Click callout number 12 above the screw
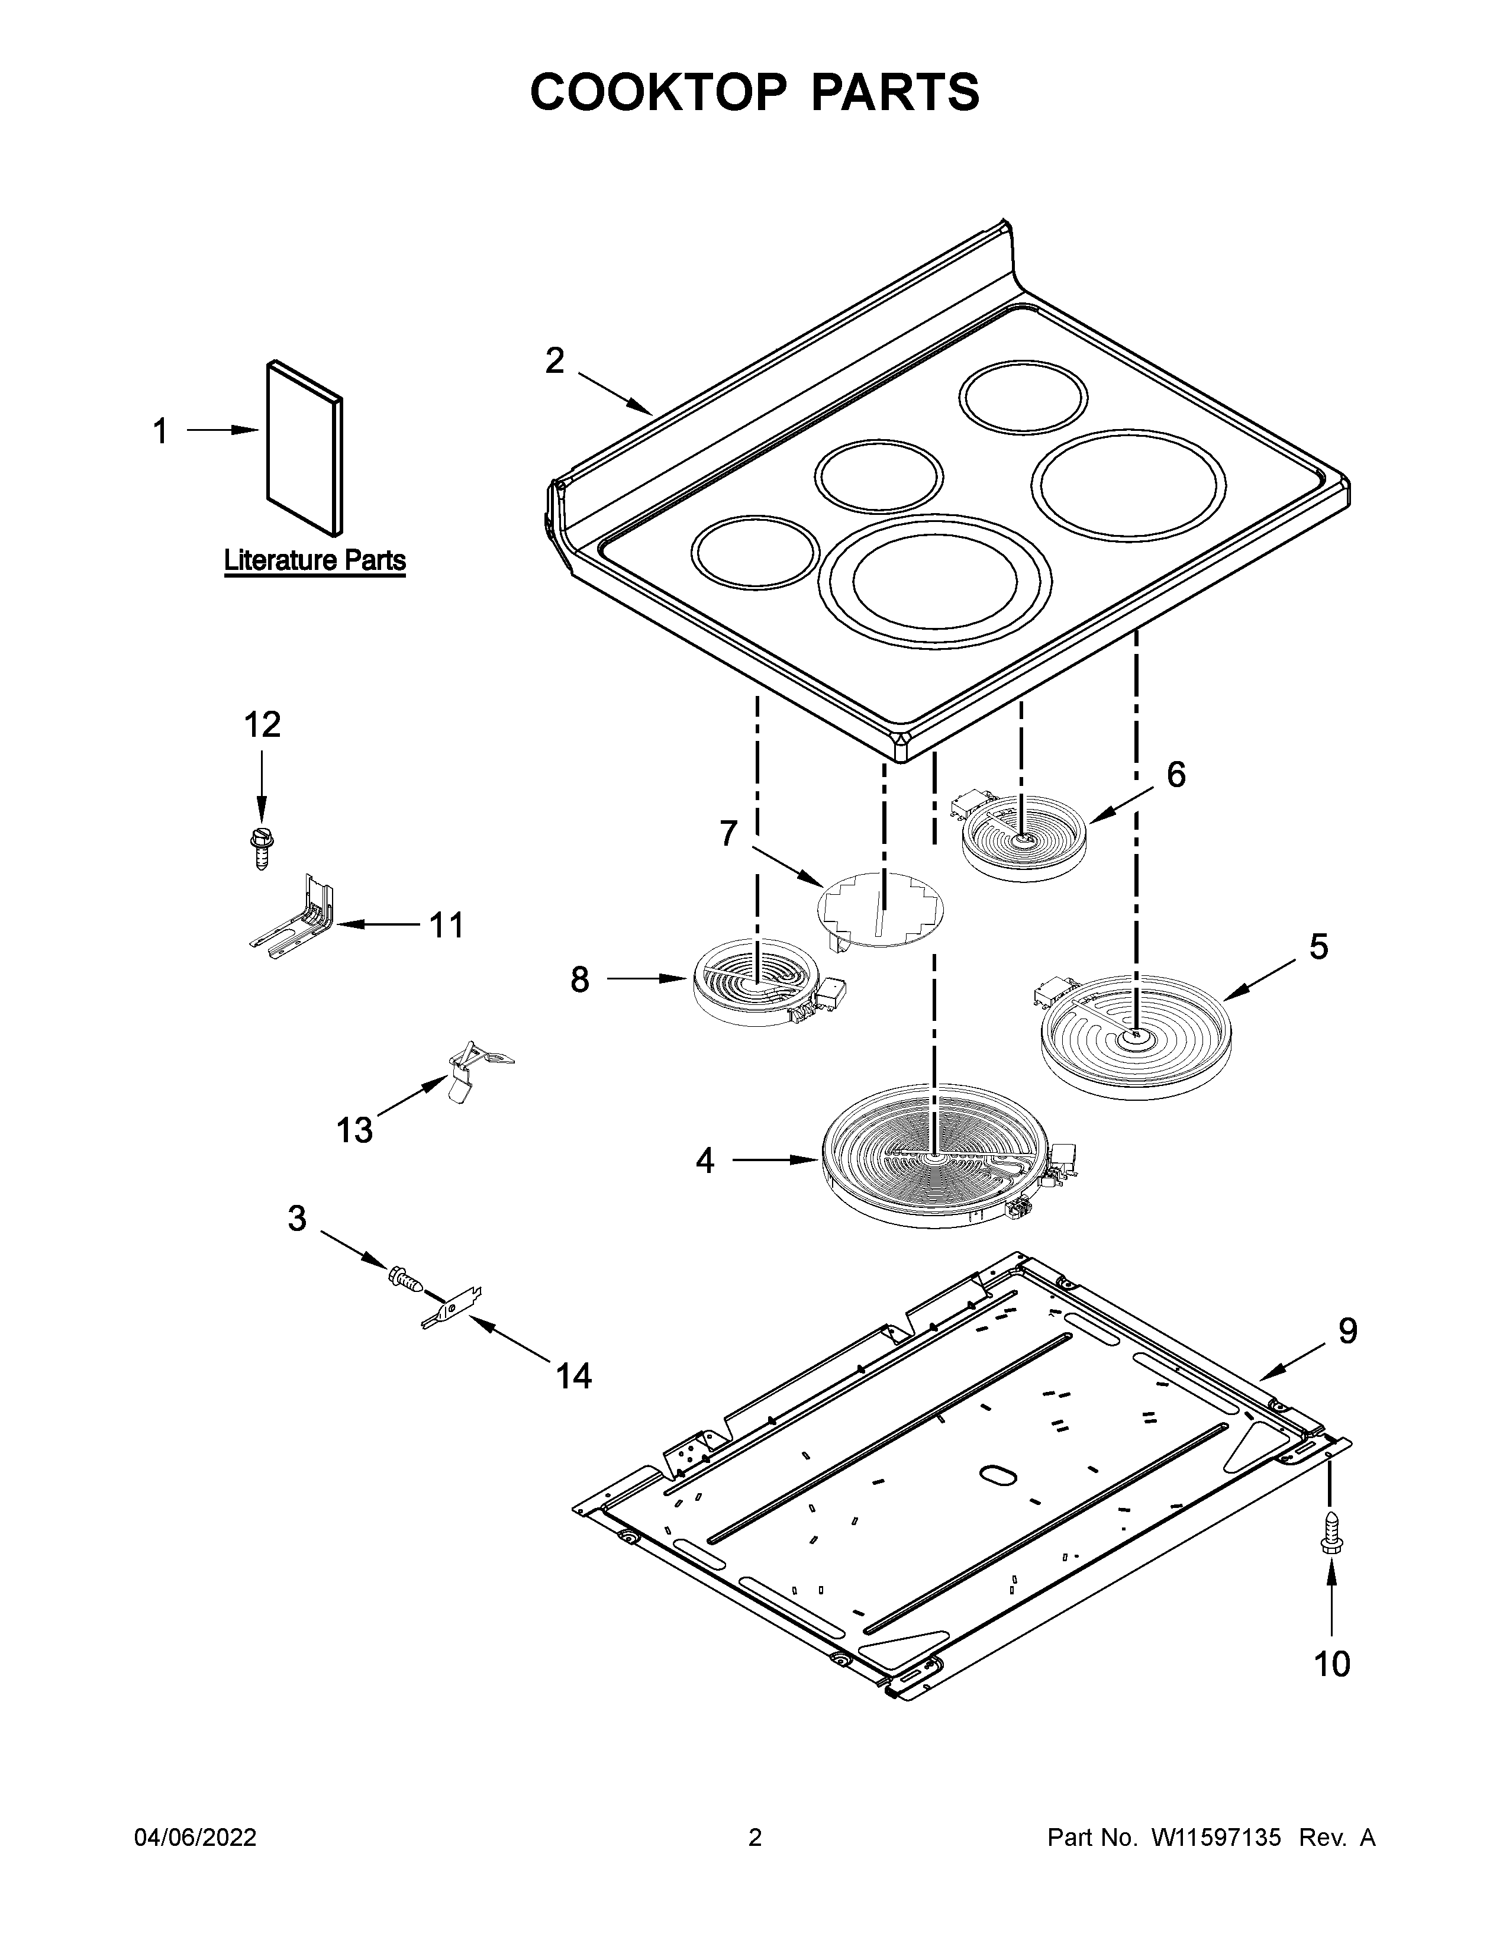pos(262,724)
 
